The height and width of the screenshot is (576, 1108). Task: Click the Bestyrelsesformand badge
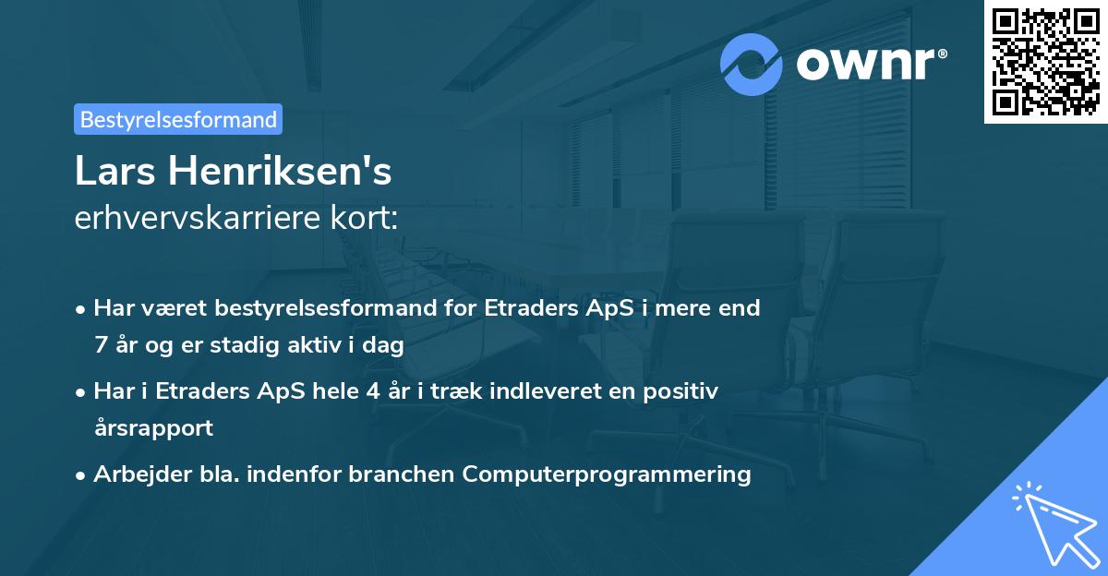pyautogui.click(x=177, y=119)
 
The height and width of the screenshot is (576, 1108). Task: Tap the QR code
pyautogui.click(x=1044, y=63)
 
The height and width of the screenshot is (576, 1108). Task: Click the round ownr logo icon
pyautogui.click(x=752, y=64)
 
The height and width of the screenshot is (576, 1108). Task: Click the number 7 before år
pyautogui.click(x=100, y=345)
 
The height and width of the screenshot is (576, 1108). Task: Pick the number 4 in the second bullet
pyautogui.click(x=373, y=391)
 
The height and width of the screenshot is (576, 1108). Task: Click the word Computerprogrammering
pyautogui.click(x=607, y=474)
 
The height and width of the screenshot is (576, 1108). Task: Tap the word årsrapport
pyautogui.click(x=153, y=428)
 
